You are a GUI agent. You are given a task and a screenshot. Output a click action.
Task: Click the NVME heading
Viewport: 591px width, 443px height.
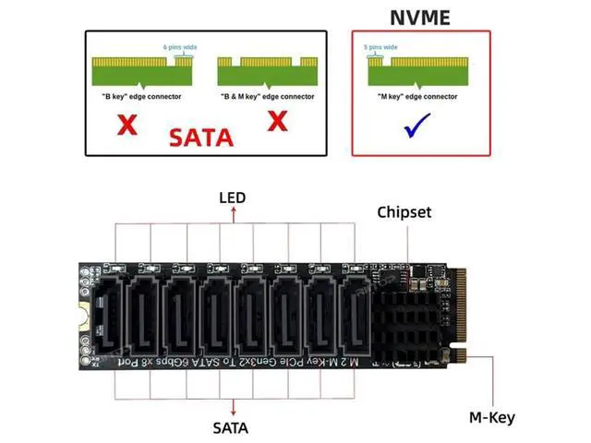[x=421, y=16]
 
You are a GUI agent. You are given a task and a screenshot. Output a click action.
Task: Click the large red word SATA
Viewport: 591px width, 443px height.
[x=201, y=139]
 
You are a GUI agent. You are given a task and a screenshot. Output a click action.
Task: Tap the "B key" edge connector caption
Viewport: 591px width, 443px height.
[x=140, y=96]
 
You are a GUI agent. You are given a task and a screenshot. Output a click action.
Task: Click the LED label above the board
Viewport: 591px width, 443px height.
[x=233, y=198]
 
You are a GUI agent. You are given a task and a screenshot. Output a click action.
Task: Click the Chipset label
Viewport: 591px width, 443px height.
[x=404, y=212]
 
